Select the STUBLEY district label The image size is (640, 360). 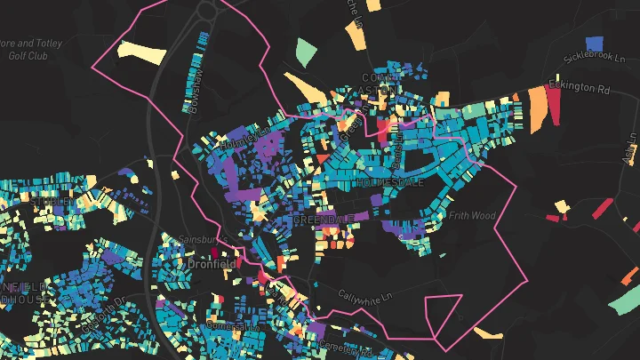(49, 202)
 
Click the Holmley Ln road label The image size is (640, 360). (244, 138)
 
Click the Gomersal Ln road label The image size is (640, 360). (233, 327)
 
